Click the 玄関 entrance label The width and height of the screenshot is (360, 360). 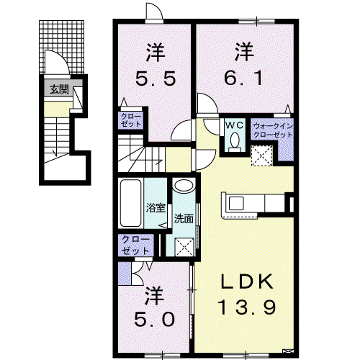pos(59,89)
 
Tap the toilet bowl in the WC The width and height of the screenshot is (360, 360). pos(235,140)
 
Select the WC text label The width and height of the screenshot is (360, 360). pos(235,125)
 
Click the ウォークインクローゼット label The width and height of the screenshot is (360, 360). pos(273,130)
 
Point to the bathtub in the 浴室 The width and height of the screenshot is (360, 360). pos(130,203)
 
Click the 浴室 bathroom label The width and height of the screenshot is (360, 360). pos(156,207)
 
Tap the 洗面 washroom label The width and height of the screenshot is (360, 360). pos(184,219)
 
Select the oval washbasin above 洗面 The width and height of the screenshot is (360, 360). pos(184,186)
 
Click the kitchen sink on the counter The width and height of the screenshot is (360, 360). pos(236,203)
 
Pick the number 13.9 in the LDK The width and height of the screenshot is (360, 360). pos(246,307)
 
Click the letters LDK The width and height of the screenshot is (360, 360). pos(247,282)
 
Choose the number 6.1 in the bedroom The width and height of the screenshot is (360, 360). pos(243,78)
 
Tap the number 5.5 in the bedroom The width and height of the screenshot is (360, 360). pos(156,78)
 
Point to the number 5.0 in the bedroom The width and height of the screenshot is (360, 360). pos(154,319)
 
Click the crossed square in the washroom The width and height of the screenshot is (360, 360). pos(184,247)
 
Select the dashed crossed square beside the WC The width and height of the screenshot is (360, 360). pos(261,156)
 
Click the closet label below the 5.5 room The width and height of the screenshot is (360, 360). pos(131,120)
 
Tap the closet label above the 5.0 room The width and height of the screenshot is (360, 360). pos(135,246)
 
